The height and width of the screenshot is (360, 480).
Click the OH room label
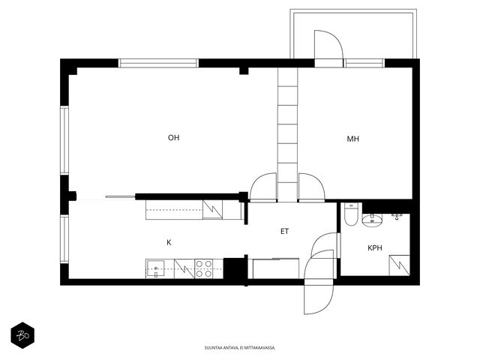[x=173, y=138]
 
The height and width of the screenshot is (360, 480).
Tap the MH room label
[x=352, y=139]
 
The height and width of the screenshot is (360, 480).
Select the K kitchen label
[x=169, y=243]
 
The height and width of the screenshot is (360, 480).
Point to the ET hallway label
[x=284, y=232]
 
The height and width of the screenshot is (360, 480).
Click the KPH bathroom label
[x=375, y=248]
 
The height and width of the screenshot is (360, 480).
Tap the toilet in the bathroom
[x=351, y=214]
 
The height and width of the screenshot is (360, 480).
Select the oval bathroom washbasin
[x=372, y=220]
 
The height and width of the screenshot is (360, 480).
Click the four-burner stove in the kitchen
[x=204, y=268]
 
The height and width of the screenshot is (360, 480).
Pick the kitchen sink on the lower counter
[x=155, y=269]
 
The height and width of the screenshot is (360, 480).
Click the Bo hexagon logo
[x=22, y=335]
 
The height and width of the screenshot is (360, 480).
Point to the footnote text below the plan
[x=240, y=348]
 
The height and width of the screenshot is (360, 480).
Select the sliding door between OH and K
[x=120, y=196]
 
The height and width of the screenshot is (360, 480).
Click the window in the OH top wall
[x=158, y=63]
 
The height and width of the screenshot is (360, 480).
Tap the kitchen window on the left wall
[x=64, y=239]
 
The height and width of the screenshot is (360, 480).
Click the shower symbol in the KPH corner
[x=399, y=265]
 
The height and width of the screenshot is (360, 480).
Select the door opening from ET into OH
[x=263, y=187]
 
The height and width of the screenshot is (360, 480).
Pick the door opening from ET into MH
[x=312, y=187]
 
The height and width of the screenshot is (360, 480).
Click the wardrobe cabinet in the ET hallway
[x=276, y=268]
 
